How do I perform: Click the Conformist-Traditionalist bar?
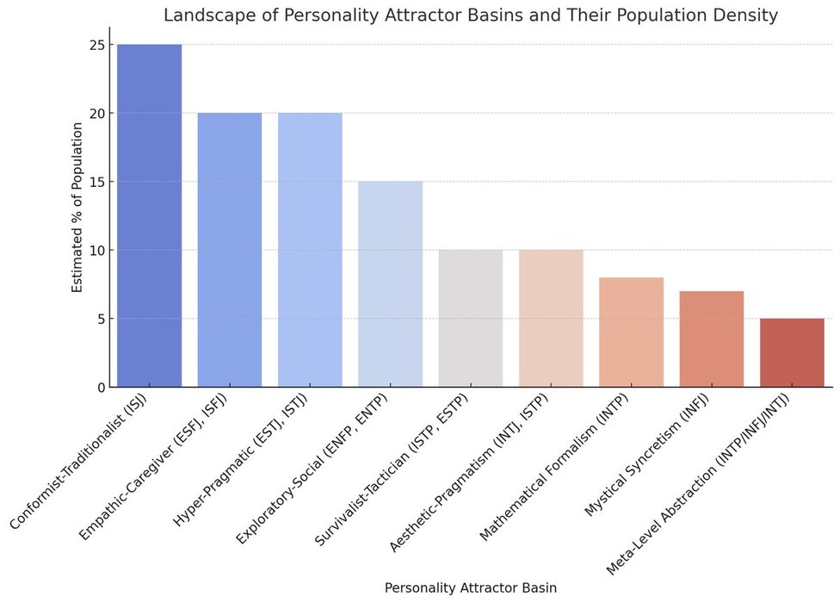click(x=149, y=215)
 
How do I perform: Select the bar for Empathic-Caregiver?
click(x=230, y=250)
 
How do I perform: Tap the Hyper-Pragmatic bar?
click(x=310, y=250)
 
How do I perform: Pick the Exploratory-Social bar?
click(x=390, y=284)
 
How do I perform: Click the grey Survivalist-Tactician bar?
click(x=471, y=319)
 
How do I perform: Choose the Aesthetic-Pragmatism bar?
click(x=551, y=319)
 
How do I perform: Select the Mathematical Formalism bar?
click(x=631, y=332)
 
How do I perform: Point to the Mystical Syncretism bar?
click(x=712, y=339)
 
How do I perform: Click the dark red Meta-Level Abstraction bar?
click(x=792, y=352)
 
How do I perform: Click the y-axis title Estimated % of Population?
click(x=77, y=207)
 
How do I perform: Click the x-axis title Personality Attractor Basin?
click(x=470, y=587)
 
